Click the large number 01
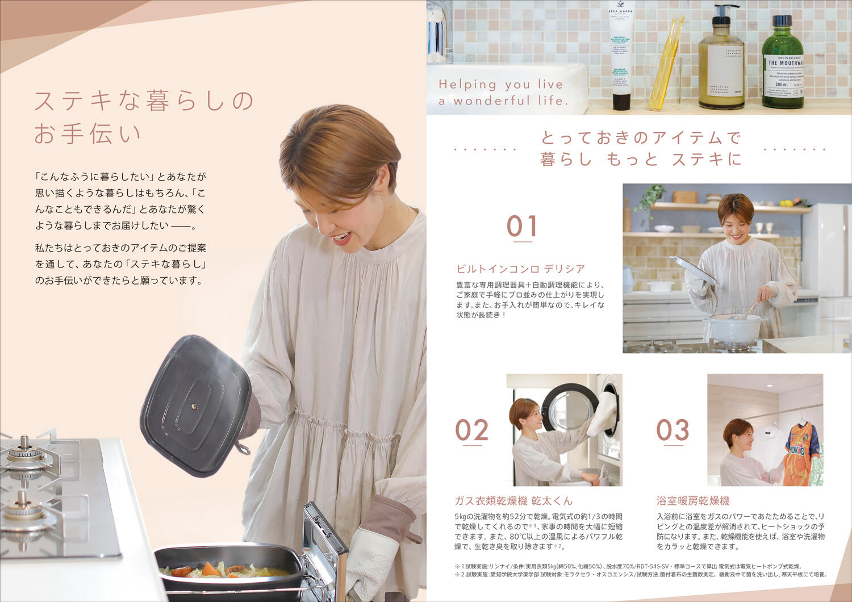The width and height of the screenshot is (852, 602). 521,226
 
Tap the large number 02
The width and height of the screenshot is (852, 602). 471,430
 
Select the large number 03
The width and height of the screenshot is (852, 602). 673,430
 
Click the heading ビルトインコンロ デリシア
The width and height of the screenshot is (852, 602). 520,269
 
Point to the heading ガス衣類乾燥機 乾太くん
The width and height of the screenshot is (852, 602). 513,501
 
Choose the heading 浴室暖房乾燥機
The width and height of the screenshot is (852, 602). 693,501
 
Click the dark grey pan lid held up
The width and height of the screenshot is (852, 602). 196,404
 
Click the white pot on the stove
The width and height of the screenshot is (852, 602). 733,328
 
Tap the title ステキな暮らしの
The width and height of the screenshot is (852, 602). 144,101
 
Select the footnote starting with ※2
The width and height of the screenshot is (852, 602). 640,575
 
